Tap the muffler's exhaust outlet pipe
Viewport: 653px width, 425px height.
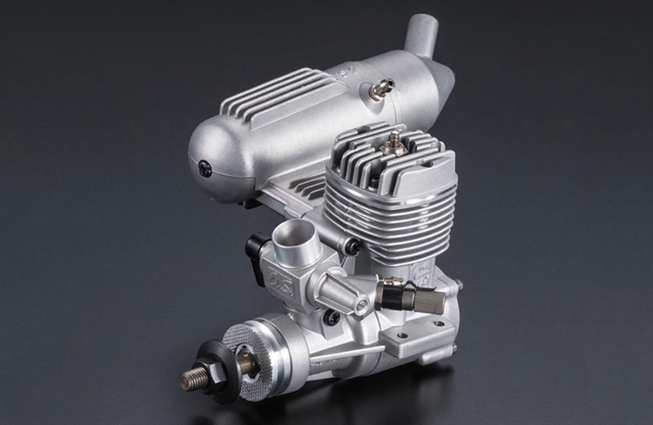pyautogui.click(x=424, y=35)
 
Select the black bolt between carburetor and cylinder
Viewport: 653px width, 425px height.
pyautogui.click(x=351, y=246)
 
